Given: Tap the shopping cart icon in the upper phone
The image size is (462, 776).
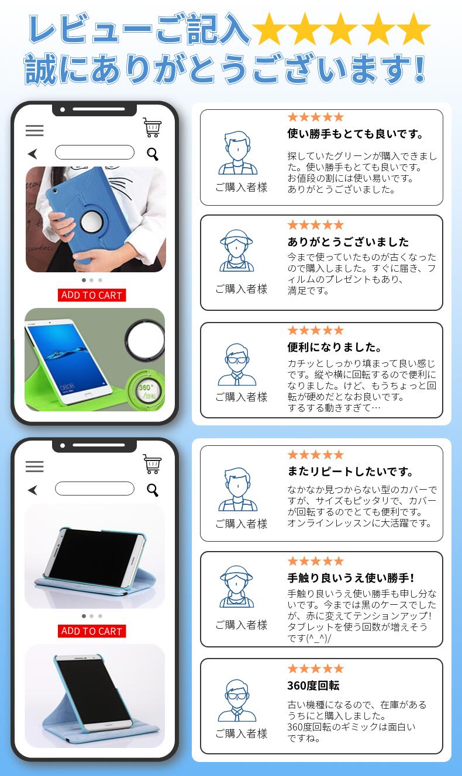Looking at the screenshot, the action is (152, 127).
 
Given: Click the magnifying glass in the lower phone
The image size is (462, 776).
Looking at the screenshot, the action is (153, 490).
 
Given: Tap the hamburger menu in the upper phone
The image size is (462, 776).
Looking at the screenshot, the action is (35, 131).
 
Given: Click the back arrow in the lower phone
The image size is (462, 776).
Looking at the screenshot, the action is (33, 490).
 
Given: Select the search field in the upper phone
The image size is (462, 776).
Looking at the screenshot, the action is (95, 152).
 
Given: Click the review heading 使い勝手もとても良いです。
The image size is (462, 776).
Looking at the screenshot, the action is (355, 134).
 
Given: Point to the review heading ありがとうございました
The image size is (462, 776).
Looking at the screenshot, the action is (348, 242).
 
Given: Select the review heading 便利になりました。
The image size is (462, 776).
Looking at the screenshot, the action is (334, 347).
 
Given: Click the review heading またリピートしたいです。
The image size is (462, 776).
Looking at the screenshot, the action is (350, 472).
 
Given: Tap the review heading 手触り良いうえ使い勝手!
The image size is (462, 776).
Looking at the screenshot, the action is (351, 577).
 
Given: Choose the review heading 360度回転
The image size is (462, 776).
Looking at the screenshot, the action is (313, 685).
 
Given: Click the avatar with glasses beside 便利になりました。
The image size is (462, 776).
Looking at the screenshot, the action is (237, 365).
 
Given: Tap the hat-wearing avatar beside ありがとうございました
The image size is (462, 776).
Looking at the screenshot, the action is (237, 251).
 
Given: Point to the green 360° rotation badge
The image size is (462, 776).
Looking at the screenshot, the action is (145, 389).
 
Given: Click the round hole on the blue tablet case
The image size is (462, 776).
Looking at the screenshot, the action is (91, 221).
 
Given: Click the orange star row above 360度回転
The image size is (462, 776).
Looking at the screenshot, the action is (315, 668).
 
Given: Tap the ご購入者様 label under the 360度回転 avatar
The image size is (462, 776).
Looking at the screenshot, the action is (241, 733).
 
